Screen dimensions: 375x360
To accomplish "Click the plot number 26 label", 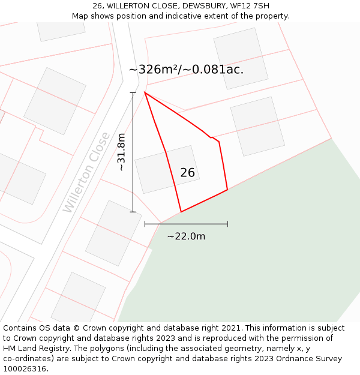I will click(187, 173).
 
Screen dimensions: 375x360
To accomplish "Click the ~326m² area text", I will click(155, 69).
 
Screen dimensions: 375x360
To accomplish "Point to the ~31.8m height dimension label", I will click(121, 152).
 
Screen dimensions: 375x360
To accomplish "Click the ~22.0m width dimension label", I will click(186, 236).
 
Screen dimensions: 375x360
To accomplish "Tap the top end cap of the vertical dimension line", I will click(133, 92).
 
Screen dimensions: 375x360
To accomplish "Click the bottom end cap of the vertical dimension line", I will click(133, 212).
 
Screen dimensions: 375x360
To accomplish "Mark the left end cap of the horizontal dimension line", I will click(145, 224).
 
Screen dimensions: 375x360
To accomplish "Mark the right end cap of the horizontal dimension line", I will click(227, 224).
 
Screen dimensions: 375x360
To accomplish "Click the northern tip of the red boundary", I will click(145, 92).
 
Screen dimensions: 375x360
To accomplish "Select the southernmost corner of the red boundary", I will click(181, 212).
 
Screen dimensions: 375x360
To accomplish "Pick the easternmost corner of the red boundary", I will click(227, 190).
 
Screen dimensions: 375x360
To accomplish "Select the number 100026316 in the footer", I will click(23, 369).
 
